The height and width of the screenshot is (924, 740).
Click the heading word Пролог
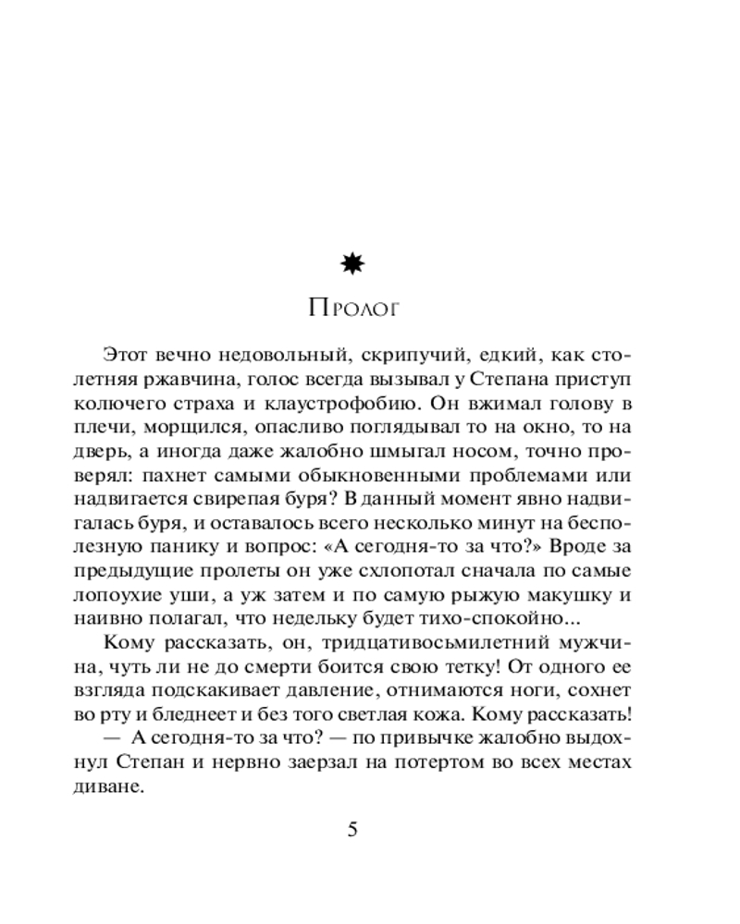[x=353, y=309]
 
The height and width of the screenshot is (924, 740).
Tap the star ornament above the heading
[x=352, y=265]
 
